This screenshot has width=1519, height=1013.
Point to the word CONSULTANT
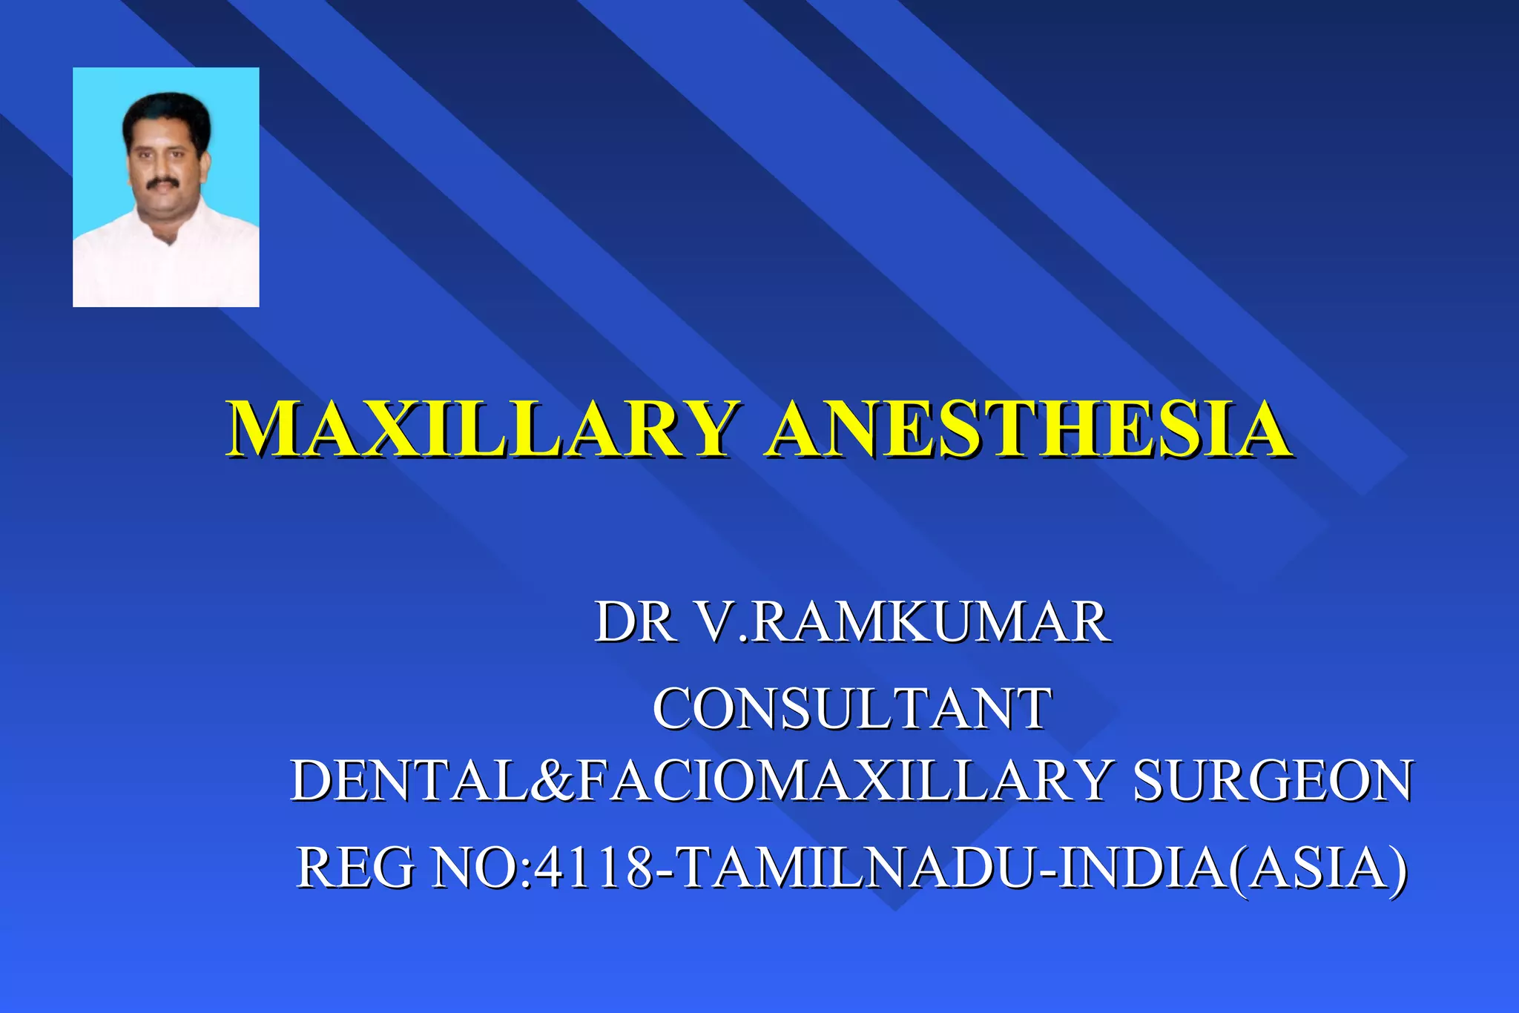pyautogui.click(x=852, y=708)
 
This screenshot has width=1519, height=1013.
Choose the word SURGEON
pyautogui.click(x=1273, y=781)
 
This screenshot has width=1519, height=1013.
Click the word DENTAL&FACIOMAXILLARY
pyautogui.click(x=700, y=781)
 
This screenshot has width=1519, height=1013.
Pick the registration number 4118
pyautogui.click(x=593, y=868)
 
